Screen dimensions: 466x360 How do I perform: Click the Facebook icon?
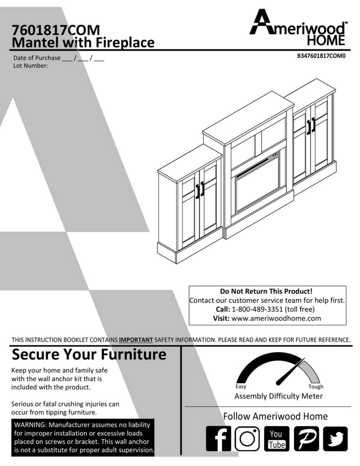point(218,439)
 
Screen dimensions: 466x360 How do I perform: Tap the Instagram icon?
point(247,439)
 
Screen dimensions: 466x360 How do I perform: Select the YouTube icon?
point(276,439)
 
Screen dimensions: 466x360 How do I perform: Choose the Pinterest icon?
point(306,439)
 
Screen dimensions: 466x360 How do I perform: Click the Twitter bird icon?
point(335,439)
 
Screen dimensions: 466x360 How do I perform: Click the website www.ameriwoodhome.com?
point(276,318)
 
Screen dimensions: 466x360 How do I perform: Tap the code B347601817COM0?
point(321,56)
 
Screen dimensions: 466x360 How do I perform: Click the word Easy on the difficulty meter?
point(241,387)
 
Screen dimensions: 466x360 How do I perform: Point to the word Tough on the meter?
point(316,387)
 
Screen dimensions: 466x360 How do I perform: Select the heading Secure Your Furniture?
point(89,355)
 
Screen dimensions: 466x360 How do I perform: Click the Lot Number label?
point(31,65)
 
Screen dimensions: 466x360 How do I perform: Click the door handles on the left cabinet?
point(200,189)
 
